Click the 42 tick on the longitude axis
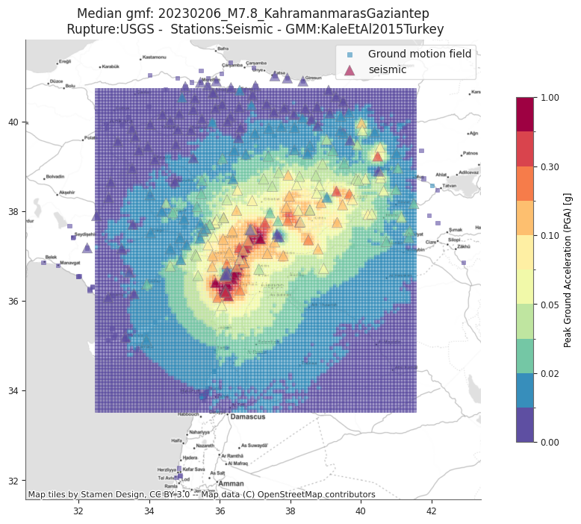(x=431, y=511)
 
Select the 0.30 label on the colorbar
(x=551, y=166)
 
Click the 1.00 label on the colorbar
(x=551, y=98)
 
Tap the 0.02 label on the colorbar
(x=551, y=373)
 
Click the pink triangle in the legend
(x=349, y=69)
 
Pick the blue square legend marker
(x=349, y=54)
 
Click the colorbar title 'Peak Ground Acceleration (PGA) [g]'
(x=568, y=270)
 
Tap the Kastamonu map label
(x=154, y=57)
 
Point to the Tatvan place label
(x=449, y=186)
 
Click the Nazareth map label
(x=205, y=446)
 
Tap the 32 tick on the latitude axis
(x=13, y=481)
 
